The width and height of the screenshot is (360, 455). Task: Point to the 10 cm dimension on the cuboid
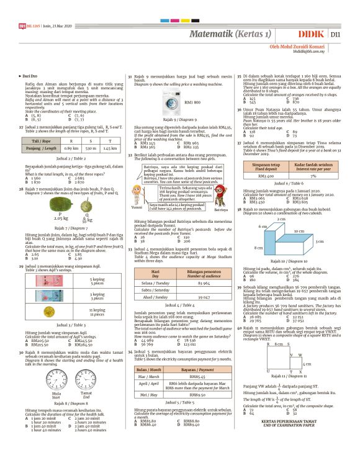pos(299,230)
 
